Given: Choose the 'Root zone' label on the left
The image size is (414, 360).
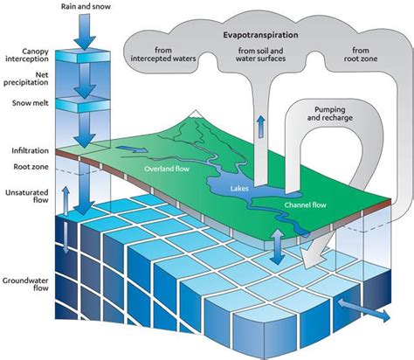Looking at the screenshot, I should pos(37,165).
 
